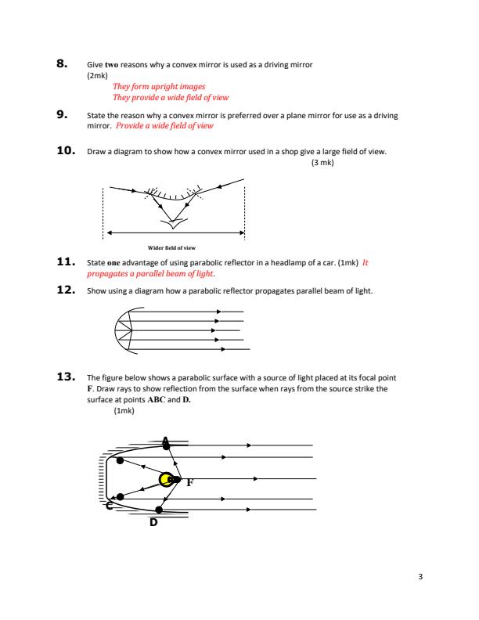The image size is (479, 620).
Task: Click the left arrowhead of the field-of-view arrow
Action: coord(110,232)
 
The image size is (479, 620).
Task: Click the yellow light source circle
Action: coord(166,480)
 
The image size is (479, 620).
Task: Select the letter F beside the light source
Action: coord(189,484)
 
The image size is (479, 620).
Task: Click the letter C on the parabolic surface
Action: coord(110,507)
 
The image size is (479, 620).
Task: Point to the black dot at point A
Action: coord(166,445)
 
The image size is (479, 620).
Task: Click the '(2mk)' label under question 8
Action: coord(96,75)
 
